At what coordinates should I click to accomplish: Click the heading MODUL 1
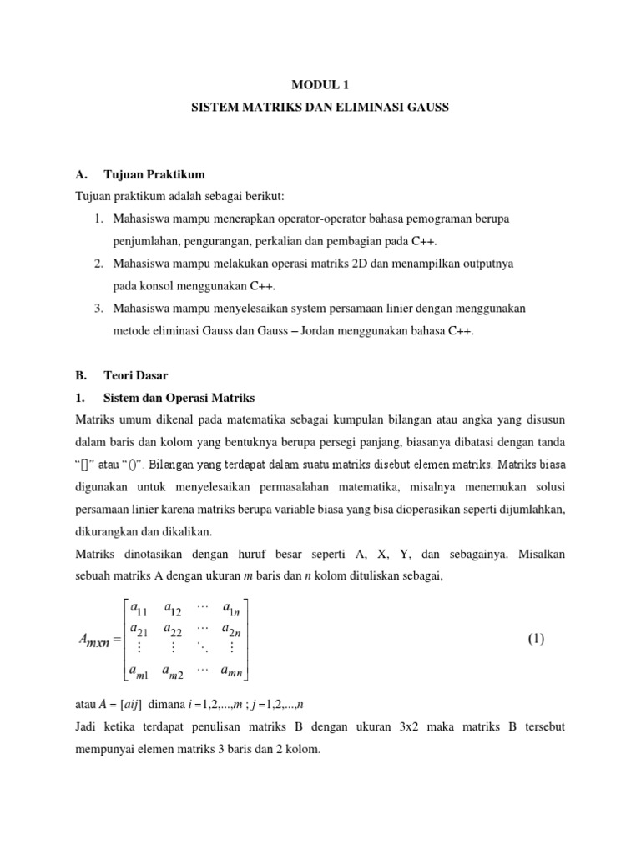(320, 83)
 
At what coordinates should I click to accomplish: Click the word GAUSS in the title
(424, 108)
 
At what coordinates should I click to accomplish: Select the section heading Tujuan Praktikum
(154, 174)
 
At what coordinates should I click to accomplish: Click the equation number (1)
(535, 640)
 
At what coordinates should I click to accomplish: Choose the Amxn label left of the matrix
(98, 640)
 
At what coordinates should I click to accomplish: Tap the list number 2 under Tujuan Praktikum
(98, 264)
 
